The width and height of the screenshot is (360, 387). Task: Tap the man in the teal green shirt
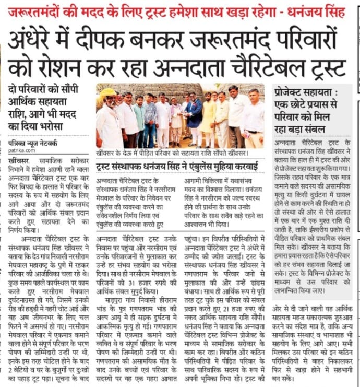point(139,118)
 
